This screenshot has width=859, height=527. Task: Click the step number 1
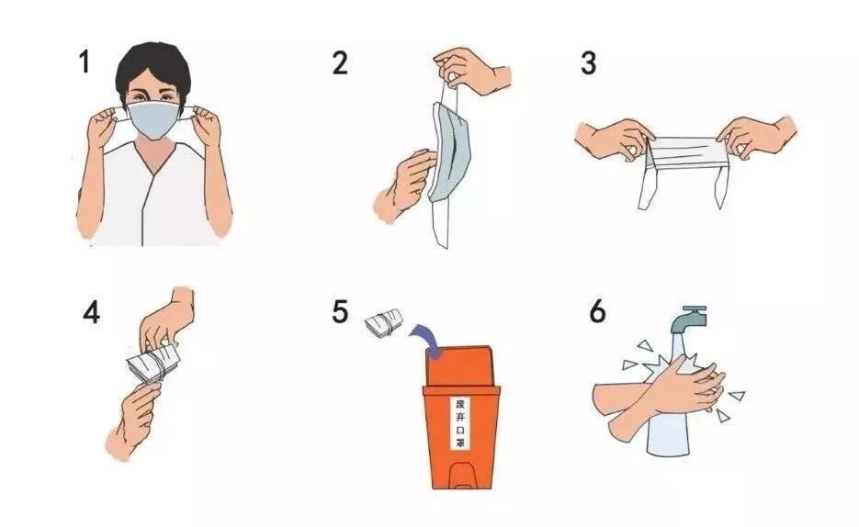[84, 62]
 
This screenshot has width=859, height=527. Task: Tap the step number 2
[340, 62]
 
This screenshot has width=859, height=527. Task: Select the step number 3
[588, 63]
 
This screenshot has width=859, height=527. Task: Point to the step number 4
[92, 313]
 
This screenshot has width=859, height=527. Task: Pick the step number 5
[340, 311]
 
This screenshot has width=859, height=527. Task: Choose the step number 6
[597, 311]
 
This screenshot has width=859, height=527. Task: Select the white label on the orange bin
[460, 423]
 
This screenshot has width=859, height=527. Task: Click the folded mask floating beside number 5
[384, 323]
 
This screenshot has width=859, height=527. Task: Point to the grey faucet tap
[688, 320]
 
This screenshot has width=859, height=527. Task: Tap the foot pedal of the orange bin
[461, 475]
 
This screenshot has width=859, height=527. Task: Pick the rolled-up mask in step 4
[154, 363]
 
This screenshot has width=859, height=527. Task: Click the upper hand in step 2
[471, 70]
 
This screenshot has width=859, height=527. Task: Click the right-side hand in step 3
[757, 138]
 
